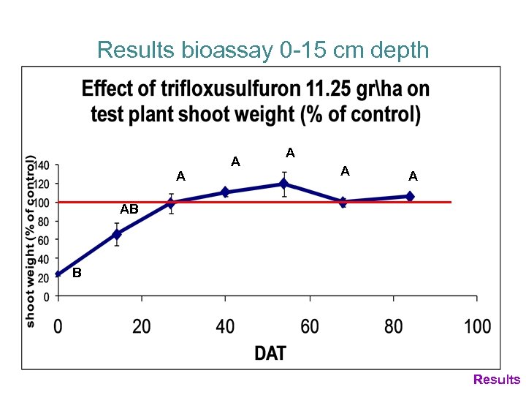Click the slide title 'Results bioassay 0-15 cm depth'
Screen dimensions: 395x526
pyautogui.click(x=262, y=50)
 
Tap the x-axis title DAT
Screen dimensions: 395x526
pyautogui.click(x=270, y=353)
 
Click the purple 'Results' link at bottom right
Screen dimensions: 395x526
pyautogui.click(x=497, y=380)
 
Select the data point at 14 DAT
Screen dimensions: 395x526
pyautogui.click(x=116, y=234)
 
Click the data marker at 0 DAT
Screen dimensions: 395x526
pyautogui.click(x=58, y=274)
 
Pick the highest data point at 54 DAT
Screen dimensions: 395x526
pyautogui.click(x=283, y=184)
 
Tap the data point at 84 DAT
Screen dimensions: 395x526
pyautogui.click(x=410, y=196)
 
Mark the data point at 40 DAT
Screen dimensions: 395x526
pyautogui.click(x=225, y=192)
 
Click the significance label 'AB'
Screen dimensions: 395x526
pyautogui.click(x=129, y=210)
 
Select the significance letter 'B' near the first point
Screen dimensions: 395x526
pyautogui.click(x=76, y=274)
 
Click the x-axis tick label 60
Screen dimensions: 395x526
pyautogui.click(x=310, y=326)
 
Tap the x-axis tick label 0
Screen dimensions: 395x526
pyautogui.click(x=58, y=326)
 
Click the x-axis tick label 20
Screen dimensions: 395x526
pyautogui.click(x=142, y=326)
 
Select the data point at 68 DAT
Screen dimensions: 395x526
pyautogui.click(x=343, y=202)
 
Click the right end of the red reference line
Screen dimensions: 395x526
pyautogui.click(x=450, y=202)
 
